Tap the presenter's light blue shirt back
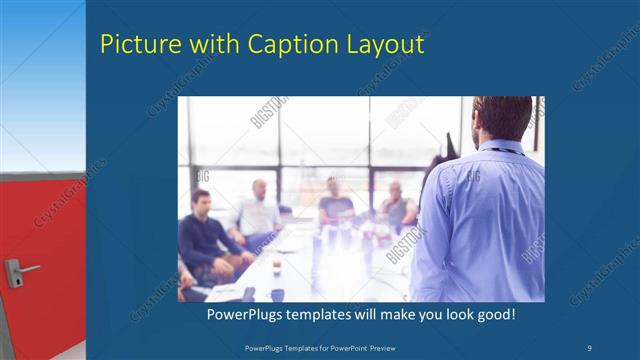click(480, 220)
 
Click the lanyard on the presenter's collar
click(505, 148)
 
